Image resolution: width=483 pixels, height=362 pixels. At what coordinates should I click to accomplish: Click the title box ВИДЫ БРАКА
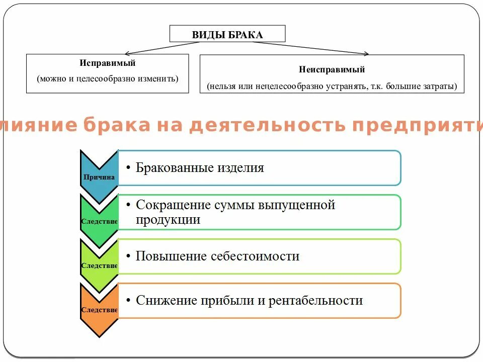click(x=227, y=34)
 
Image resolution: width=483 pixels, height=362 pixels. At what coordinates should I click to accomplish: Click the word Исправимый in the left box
click(x=107, y=64)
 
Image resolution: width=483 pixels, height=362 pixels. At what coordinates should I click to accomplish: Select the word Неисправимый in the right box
click(x=332, y=70)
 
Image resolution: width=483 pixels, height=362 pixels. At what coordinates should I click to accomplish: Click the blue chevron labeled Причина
click(x=99, y=176)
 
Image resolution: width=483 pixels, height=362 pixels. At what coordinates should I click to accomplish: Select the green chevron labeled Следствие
click(x=99, y=220)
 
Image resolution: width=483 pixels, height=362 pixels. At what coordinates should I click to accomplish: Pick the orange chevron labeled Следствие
click(x=99, y=309)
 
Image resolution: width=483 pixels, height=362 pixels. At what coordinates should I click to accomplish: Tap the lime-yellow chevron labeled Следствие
click(x=99, y=264)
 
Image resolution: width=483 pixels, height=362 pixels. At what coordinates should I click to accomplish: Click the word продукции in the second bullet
click(x=168, y=220)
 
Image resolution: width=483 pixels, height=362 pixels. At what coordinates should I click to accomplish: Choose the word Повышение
click(x=169, y=256)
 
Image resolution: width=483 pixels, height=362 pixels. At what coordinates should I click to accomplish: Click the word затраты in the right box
click(x=441, y=86)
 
